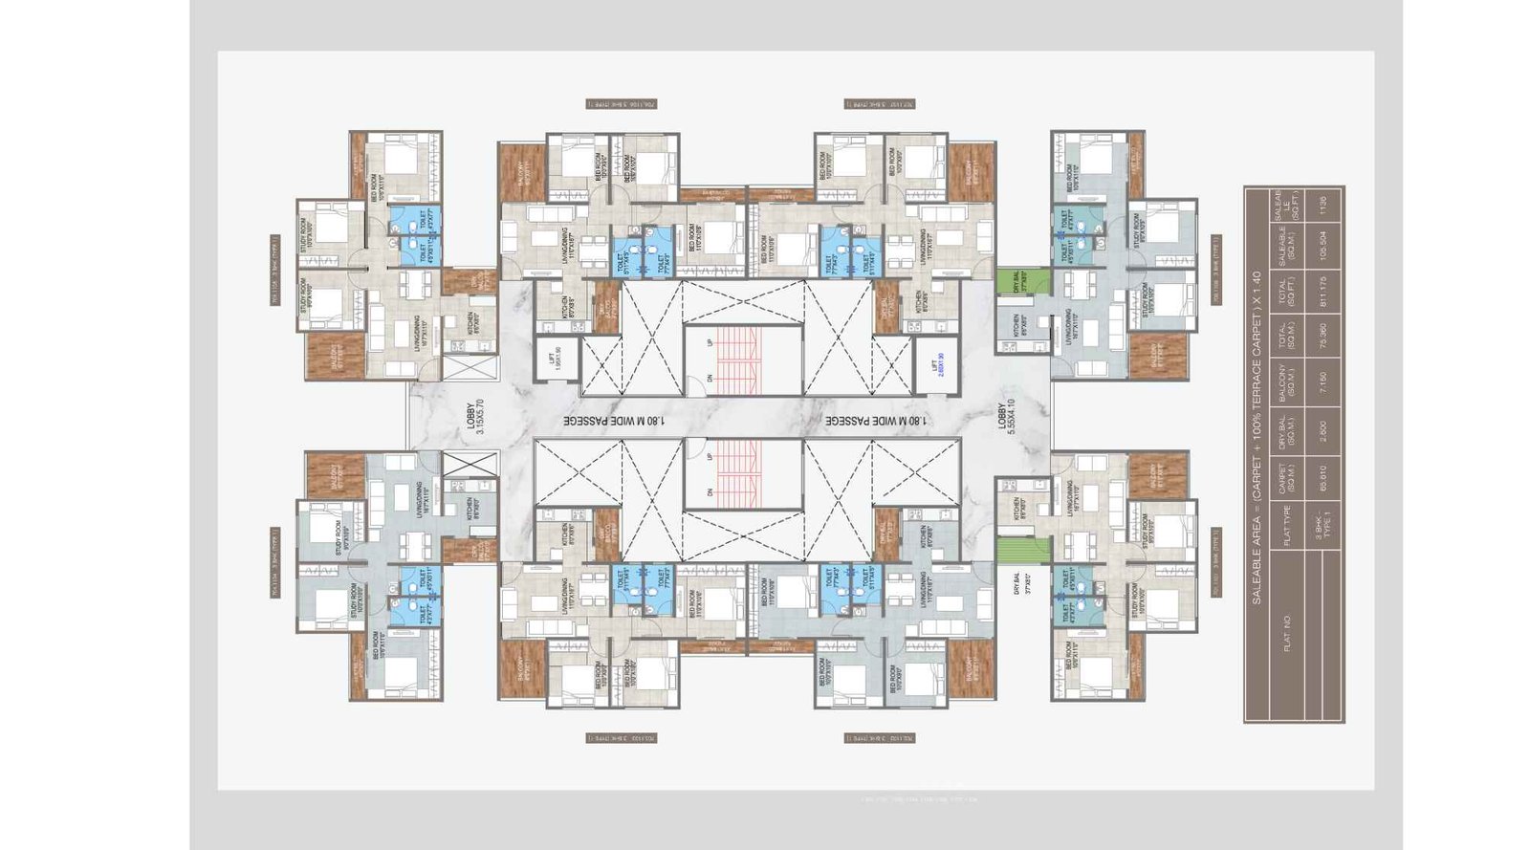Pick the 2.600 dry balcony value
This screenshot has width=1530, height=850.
(x=1323, y=429)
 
